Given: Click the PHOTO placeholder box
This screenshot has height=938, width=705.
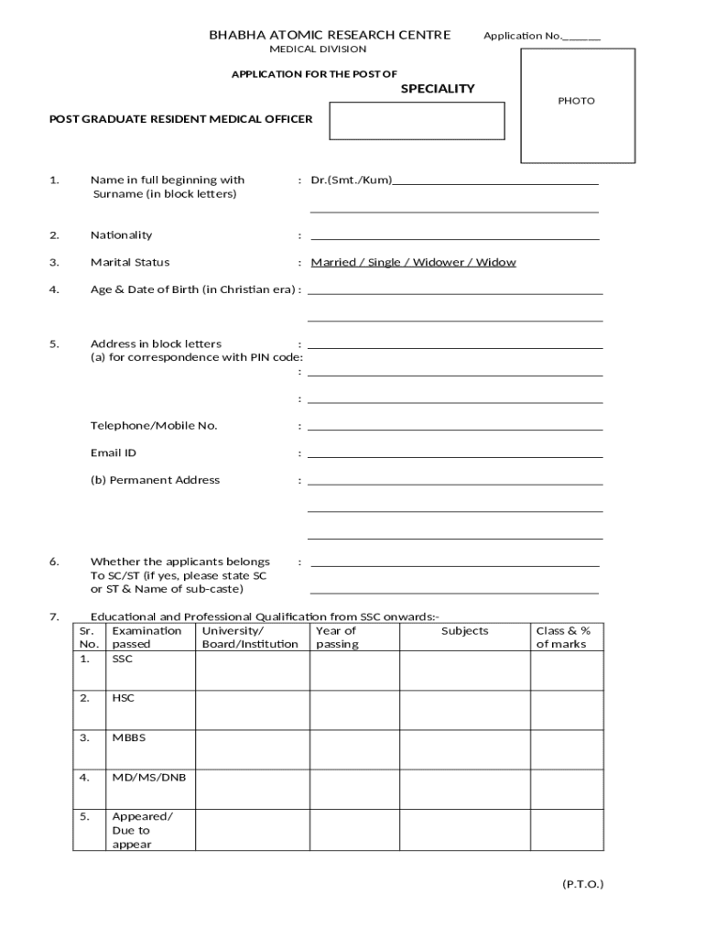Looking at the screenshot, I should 577,105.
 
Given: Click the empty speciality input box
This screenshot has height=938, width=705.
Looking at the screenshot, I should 417,121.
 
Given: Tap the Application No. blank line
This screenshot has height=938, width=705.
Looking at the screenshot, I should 582,38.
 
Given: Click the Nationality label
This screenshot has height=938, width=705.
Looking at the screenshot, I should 121,235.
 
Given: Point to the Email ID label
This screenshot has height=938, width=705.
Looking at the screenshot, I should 114,453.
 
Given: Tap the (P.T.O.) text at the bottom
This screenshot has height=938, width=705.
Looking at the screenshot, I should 582,885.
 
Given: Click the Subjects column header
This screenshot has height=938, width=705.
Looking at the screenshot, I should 464,631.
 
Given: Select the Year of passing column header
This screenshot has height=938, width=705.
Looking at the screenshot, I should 336,638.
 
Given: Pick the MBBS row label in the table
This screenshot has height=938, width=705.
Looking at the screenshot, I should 128,737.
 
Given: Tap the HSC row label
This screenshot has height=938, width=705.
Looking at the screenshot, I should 123,698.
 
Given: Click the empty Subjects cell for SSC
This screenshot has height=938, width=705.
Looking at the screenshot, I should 464,671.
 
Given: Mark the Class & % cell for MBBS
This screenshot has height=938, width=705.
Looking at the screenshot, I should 567,749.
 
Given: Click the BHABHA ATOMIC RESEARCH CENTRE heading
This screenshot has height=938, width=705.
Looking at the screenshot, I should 330,36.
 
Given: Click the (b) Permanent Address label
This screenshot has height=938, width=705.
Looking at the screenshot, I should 155,480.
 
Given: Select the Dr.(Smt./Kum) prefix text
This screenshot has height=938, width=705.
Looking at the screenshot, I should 351,180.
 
